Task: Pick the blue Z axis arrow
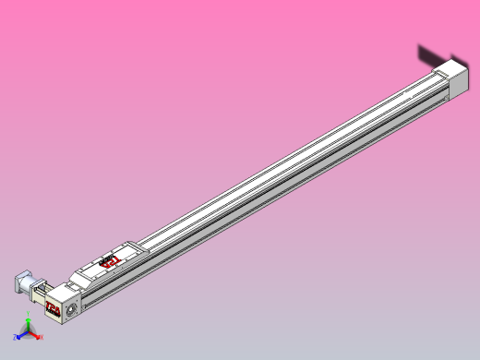click(20, 337)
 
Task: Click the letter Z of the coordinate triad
click(14, 339)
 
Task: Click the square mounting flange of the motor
click(31, 285)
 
